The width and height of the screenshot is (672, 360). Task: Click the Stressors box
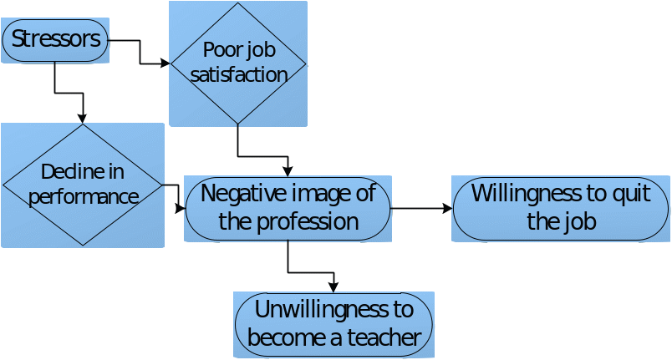[56, 40]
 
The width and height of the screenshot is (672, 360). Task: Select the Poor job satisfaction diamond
[238, 63]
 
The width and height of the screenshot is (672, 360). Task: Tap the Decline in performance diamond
[82, 185]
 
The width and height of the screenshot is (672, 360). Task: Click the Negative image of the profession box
[288, 208]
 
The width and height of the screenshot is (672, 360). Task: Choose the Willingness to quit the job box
[561, 207]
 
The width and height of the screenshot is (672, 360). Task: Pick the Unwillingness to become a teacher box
[333, 324]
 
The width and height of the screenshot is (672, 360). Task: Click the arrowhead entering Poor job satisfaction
[165, 63]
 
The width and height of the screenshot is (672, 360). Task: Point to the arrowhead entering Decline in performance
[82, 119]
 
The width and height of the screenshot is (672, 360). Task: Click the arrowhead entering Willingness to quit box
[447, 208]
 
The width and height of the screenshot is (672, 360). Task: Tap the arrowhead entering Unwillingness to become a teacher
[333, 287]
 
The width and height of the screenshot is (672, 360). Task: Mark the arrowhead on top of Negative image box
[288, 171]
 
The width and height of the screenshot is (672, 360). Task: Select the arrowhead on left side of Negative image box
[181, 208]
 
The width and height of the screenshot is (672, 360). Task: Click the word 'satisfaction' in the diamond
[239, 74]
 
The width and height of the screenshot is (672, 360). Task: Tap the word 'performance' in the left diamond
[82, 197]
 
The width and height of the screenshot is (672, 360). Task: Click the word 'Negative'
[242, 194]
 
